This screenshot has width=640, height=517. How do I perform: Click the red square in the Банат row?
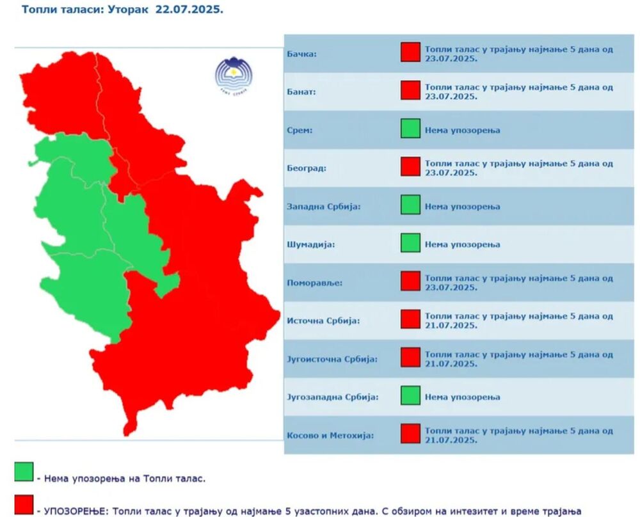click(x=410, y=91)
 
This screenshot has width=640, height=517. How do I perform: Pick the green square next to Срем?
click(x=410, y=129)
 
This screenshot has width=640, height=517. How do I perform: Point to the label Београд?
click(x=307, y=168)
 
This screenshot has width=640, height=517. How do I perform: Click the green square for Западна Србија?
click(x=410, y=205)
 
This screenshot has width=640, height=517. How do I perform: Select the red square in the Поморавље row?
click(x=410, y=282)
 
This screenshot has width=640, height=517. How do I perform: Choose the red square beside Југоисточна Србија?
click(x=410, y=358)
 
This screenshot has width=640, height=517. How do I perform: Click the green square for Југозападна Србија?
click(x=410, y=396)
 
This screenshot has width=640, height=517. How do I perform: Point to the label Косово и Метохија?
click(x=330, y=435)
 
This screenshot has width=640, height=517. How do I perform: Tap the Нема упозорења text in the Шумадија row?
click(x=462, y=244)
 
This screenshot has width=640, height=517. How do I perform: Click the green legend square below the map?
click(x=24, y=472)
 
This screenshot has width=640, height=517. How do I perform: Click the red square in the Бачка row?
click(x=410, y=52)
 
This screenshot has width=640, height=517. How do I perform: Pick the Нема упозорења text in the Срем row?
click(x=462, y=130)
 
